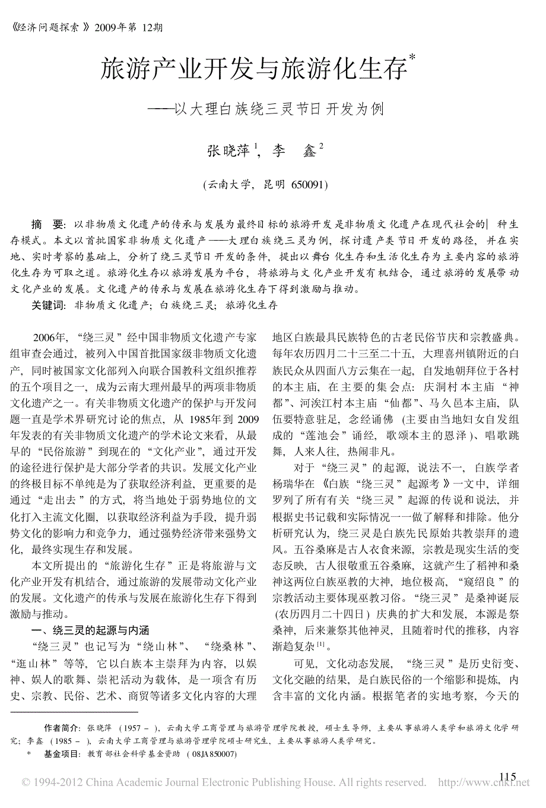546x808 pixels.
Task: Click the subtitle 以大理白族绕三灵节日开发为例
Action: point(279,109)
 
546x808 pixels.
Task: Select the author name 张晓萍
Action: point(228,150)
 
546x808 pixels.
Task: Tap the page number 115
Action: point(509,777)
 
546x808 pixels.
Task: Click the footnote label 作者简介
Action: point(61,728)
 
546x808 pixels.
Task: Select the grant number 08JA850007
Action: point(212,754)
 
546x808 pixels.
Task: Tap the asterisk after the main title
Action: point(412,57)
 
